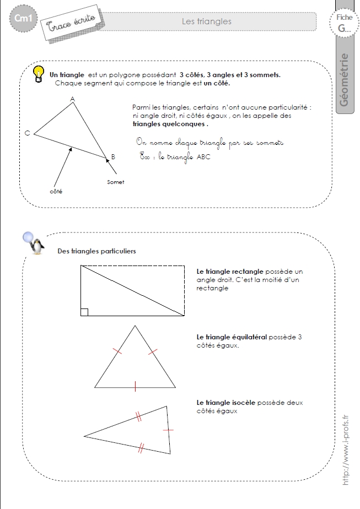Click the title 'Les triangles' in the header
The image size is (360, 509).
coord(206,21)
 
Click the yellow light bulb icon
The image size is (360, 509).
coord(39,74)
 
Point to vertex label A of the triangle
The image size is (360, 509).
coord(72,99)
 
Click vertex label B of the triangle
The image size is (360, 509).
coord(113,157)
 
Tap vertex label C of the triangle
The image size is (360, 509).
coord(27,133)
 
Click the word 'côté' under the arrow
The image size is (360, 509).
coord(56,191)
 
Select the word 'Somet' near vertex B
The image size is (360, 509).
coord(115,182)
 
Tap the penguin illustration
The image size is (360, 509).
coord(37,246)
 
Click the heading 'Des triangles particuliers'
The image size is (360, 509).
coord(96,251)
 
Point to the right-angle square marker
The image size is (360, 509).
coord(84,312)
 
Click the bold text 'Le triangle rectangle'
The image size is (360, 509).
coord(230,272)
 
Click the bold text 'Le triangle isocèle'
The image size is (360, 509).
coord(226,403)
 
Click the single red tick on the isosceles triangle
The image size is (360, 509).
coord(169,429)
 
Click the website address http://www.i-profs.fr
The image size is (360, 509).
coord(346,451)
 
